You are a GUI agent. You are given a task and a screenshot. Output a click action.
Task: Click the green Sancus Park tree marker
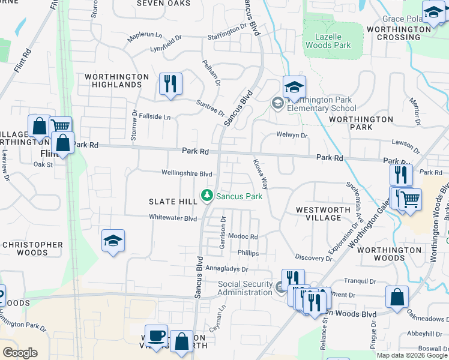tap(207, 196)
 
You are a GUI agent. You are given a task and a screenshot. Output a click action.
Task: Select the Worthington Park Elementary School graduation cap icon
tap(295, 88)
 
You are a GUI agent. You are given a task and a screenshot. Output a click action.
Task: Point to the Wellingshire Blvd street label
tap(187, 173)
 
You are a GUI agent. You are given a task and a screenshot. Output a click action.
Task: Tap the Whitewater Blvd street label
tap(173, 218)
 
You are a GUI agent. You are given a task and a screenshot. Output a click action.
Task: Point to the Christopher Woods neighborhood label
tap(32, 248)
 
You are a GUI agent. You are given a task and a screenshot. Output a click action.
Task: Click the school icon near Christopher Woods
tap(113, 241)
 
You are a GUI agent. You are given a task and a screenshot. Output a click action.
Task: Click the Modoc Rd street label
tap(243, 237)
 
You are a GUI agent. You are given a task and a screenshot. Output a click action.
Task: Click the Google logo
tap(20, 353)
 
